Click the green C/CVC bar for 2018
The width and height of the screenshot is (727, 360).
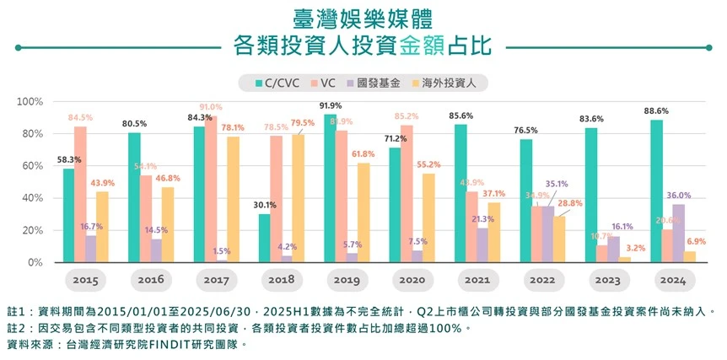(x=265, y=239)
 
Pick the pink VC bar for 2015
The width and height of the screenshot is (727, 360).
(x=81, y=195)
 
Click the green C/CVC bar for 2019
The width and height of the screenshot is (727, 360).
(x=330, y=189)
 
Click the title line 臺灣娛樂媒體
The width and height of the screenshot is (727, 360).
(x=363, y=18)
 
